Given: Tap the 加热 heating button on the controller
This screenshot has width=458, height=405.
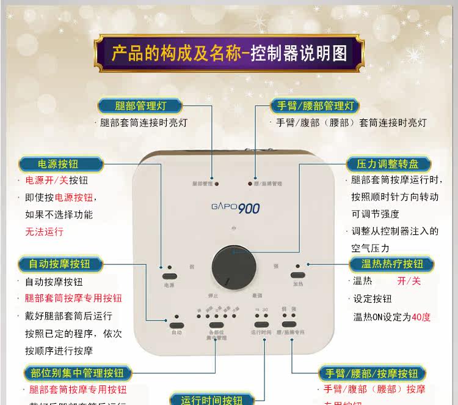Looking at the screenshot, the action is pyautogui.click(x=297, y=275).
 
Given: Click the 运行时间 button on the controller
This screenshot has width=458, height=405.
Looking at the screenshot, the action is pyautogui.click(x=261, y=324).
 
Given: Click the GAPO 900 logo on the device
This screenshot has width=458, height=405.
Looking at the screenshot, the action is pyautogui.click(x=236, y=209).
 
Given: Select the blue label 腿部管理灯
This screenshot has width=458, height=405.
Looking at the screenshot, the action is pyautogui.click(x=140, y=105).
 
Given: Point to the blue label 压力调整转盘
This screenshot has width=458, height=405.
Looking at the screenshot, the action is pyautogui.click(x=389, y=164).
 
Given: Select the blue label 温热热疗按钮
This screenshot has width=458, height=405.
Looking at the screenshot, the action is pyautogui.click(x=392, y=264).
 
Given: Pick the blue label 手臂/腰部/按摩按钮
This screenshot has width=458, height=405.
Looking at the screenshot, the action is pyautogui.click(x=372, y=373).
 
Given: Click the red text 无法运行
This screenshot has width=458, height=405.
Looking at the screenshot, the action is pyautogui.click(x=44, y=232).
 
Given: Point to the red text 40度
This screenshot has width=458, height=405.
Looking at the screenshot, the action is pyautogui.click(x=421, y=317).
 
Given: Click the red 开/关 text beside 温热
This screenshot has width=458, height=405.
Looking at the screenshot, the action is pyautogui.click(x=409, y=281).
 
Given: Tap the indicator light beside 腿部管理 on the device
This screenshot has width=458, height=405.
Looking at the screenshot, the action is pyautogui.click(x=217, y=184).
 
